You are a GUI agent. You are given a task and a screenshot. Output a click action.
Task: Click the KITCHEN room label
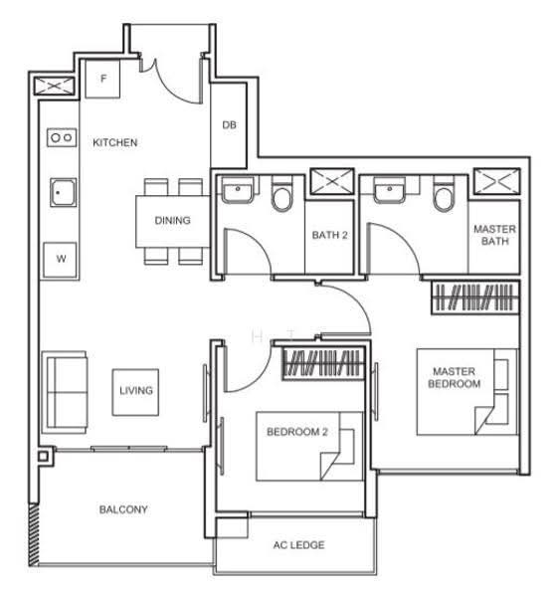pos(115,142)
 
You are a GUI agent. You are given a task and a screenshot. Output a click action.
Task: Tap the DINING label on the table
pos(172,220)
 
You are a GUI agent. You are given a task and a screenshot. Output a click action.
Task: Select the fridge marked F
pos(102,80)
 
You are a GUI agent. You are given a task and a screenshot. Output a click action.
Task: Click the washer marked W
pos(60,260)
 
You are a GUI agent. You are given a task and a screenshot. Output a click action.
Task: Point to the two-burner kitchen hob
pos(62,137)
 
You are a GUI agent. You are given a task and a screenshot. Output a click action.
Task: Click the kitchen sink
pos(64,192)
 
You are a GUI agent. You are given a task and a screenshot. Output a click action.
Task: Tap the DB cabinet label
pos(229,125)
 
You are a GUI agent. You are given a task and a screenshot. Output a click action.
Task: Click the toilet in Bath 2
pos(281,193)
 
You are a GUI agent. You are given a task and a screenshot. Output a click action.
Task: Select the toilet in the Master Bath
pos(444,193)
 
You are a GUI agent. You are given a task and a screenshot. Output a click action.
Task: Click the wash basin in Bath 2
pos(238,190)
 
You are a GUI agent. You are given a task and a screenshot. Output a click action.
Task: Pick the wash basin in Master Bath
pos(389,190)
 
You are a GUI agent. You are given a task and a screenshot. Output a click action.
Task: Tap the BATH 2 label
pos(329,235)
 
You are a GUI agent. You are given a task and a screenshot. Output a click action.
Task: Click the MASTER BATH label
pos(494,235)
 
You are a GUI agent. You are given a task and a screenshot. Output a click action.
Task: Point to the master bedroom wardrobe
pos(475,298)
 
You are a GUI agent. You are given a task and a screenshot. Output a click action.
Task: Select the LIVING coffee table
pos(135,392)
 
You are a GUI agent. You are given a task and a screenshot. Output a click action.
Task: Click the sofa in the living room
pos(65,392)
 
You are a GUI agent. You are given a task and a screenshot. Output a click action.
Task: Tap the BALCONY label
pos(123,509)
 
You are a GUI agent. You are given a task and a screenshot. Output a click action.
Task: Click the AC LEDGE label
pos(298,545)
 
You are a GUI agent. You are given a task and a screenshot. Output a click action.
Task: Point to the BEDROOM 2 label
pos(297,432)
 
